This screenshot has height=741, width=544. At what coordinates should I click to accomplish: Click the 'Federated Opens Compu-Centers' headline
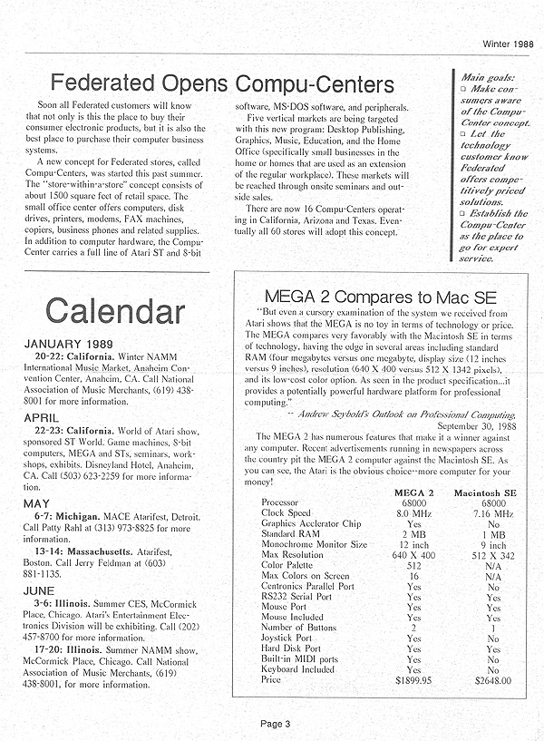[x=223, y=85]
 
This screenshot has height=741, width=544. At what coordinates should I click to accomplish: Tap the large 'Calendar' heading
[x=103, y=310]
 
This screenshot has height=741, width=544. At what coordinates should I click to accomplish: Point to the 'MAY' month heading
[x=36, y=503]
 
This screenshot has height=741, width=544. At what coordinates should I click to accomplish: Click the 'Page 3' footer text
[x=273, y=723]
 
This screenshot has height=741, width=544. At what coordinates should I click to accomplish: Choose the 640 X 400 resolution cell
[x=414, y=553]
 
